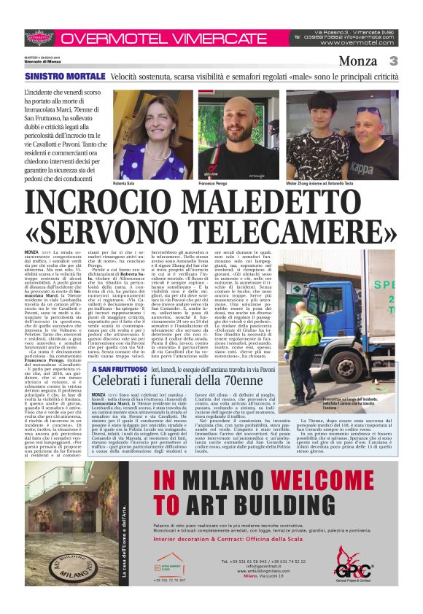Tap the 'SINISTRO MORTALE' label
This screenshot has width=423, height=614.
click(x=64, y=77)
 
